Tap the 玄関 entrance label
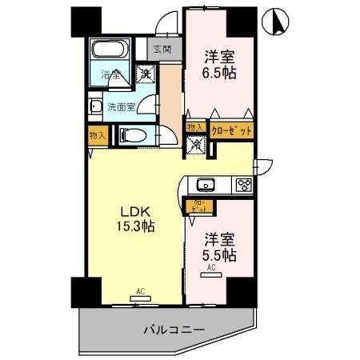pyautogui.click(x=162, y=50)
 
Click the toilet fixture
pyautogui.click(x=133, y=136)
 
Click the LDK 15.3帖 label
pyautogui.click(x=137, y=218)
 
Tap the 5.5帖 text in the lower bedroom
pyautogui.click(x=218, y=255)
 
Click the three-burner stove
pyautogui.click(x=242, y=186)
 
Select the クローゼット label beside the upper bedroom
pyautogui.click(x=230, y=130)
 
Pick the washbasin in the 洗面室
pyautogui.click(x=96, y=106)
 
